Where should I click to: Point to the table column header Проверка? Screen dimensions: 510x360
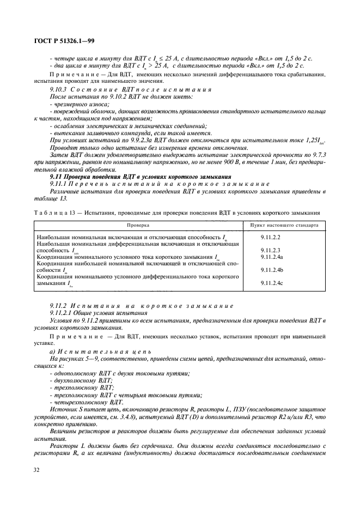point(138,224)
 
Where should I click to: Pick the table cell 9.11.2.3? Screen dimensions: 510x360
point(271,251)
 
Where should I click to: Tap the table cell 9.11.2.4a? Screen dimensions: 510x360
point(272,257)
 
